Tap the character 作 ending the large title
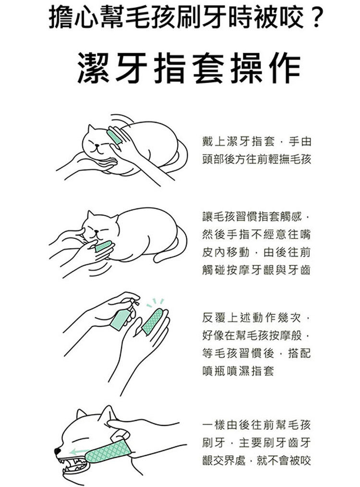(x=285, y=68)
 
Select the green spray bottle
(x=121, y=317)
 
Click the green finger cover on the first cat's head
(x=114, y=137)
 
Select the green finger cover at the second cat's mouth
(x=103, y=246)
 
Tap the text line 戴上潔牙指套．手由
(x=256, y=142)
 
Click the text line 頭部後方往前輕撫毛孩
(x=256, y=159)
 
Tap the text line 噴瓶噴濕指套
(x=238, y=371)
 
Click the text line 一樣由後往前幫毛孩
(x=256, y=425)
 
